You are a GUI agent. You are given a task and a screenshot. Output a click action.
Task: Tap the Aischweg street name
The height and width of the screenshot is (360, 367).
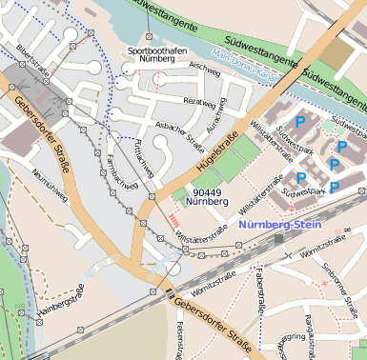pos(204,68)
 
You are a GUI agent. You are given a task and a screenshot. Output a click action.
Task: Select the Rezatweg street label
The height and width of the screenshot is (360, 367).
pos(199,101)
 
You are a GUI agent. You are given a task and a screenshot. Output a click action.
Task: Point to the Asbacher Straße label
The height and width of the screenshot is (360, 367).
pos(180,135)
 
